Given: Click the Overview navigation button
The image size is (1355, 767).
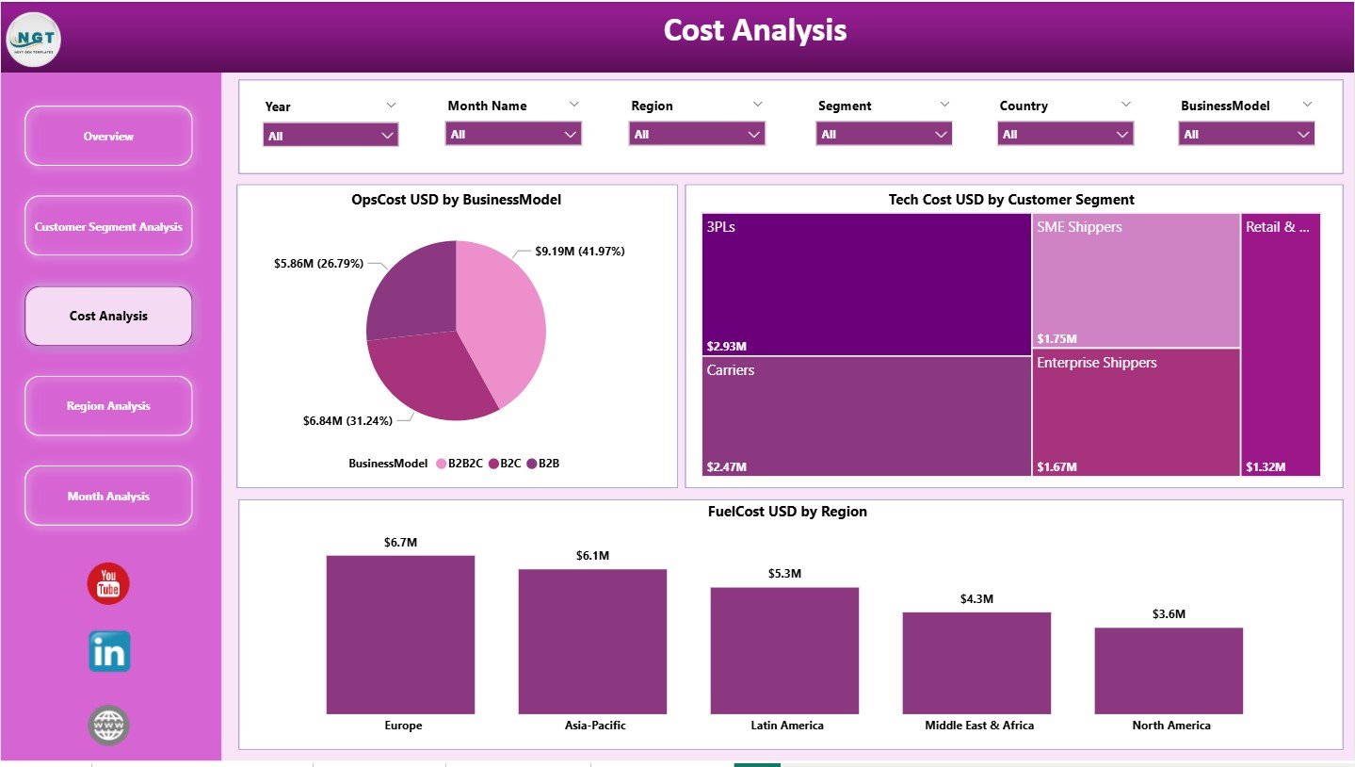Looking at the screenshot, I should point(108,137).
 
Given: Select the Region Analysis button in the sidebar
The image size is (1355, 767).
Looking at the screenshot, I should point(108,406).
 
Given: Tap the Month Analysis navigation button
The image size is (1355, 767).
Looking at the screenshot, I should point(108,497).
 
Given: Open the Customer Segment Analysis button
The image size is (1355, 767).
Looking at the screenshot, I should point(108,227).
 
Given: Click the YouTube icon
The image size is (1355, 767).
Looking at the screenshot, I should point(108,584).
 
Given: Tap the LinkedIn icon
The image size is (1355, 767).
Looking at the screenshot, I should point(109,652).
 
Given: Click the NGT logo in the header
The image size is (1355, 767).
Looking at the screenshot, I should point(33,40).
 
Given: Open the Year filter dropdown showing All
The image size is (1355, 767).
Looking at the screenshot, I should point(331,136).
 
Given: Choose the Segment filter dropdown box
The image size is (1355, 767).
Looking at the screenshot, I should point(883,135).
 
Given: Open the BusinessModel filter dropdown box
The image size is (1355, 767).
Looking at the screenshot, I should point(1246,135).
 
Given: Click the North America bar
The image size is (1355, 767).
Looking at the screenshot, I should point(1169,670).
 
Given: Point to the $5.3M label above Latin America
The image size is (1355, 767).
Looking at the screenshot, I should point(784,574).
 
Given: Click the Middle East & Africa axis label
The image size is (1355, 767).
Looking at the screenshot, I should point(979,726).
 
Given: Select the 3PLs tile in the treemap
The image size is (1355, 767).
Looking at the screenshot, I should point(865,284).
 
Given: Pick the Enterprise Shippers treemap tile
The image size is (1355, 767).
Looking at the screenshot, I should point(1136,413).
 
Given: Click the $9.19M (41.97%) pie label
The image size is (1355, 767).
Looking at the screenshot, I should point(579,252).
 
